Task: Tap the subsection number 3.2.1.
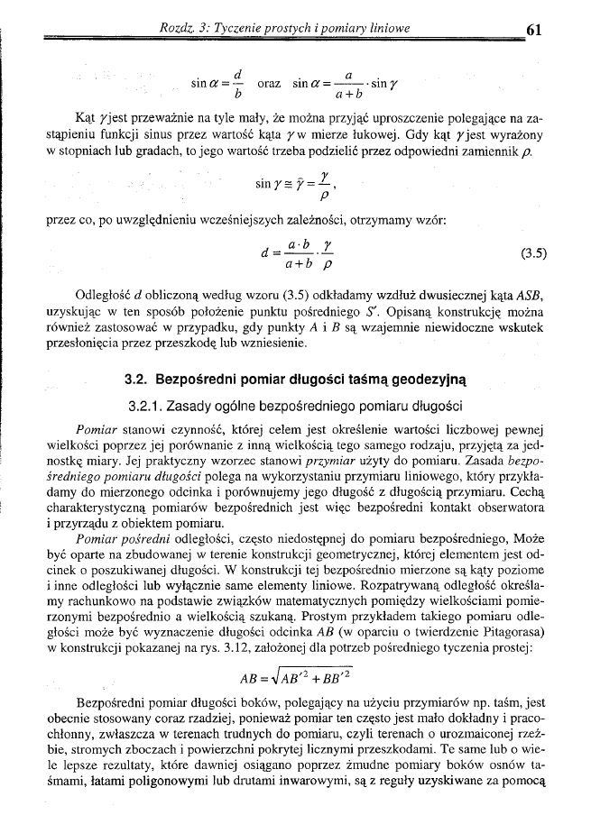pyautogui.click(x=153, y=395)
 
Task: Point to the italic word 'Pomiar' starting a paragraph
pyautogui.click(x=100, y=419)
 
